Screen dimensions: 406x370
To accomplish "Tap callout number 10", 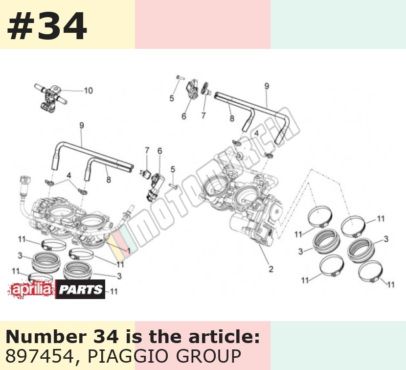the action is [89, 91].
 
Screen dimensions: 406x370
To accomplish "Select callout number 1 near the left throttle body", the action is [129, 251].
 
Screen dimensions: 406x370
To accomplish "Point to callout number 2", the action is [271, 269].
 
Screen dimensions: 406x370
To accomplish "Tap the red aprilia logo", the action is [32, 289].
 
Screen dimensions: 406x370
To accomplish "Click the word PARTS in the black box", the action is [81, 289].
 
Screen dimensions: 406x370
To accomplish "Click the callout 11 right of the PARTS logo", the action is [114, 292].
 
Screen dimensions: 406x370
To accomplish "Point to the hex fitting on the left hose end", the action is [25, 179].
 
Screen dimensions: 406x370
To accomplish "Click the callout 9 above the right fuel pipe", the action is [267, 86].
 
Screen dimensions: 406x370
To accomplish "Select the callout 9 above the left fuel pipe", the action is [82, 126].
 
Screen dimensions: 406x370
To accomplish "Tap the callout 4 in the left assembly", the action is [68, 175].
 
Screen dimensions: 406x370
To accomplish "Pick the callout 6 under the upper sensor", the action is [184, 116].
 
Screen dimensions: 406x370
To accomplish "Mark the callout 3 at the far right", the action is [386, 239].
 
